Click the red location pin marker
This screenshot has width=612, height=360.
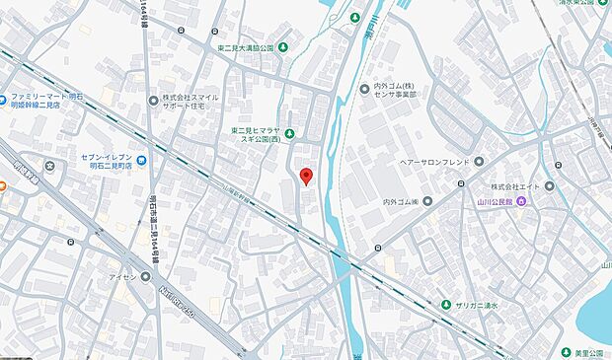(x=305, y=177)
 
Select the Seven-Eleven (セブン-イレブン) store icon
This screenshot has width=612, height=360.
(x=144, y=161)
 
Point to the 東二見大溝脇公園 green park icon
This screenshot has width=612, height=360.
(x=283, y=47)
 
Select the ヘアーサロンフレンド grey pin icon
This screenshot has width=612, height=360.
(x=479, y=162)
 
